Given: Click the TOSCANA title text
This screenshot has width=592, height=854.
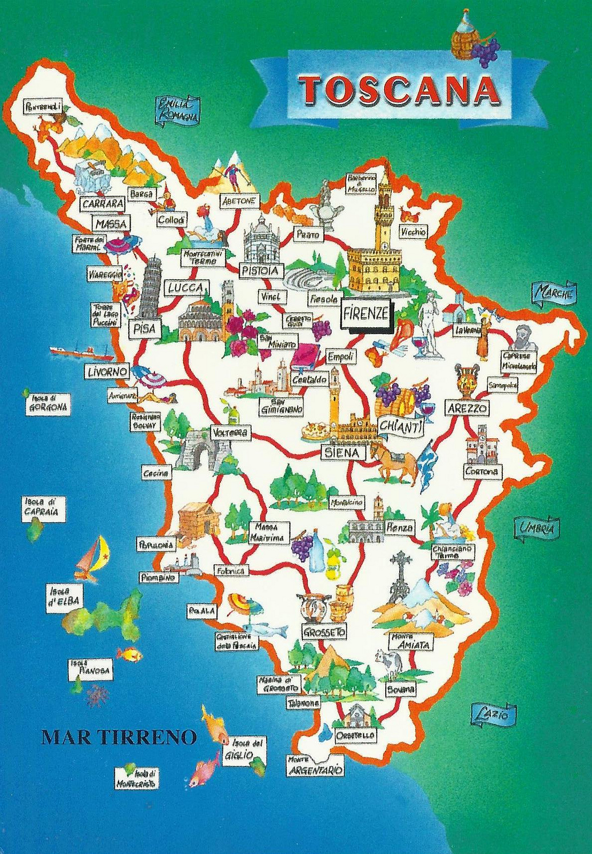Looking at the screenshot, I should [399, 90].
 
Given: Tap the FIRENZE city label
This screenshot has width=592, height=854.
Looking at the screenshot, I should [365, 314].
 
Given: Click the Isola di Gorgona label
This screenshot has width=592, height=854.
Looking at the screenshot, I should [49, 403].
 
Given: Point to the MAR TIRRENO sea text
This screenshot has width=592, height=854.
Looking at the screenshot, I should [119, 738].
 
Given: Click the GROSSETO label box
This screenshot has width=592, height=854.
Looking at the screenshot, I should [324, 632].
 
